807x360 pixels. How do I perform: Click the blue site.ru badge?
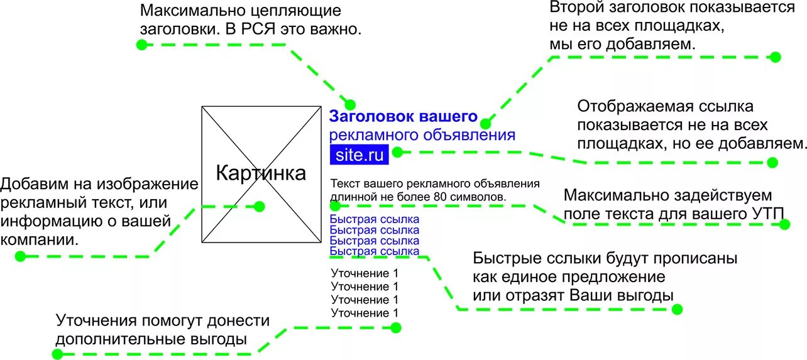(360, 154)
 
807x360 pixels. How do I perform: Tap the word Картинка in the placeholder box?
(261, 173)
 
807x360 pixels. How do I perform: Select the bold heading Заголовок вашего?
(403, 117)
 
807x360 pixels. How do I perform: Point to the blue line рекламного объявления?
(422, 135)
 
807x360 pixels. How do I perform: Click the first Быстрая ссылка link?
(374, 219)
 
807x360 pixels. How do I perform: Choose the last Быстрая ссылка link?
(374, 251)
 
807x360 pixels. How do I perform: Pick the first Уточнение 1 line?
(365, 273)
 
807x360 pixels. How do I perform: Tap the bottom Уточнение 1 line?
(365, 313)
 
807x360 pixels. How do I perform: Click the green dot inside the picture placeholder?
(259, 206)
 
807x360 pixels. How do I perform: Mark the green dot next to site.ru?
(397, 151)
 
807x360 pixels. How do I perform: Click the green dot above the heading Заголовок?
(350, 104)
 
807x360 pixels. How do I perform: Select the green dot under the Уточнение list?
(395, 327)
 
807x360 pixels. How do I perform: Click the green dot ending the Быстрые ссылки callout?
(677, 309)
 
